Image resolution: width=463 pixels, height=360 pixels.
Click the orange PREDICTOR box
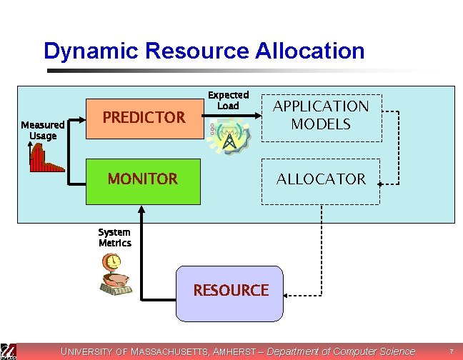pos(144,119)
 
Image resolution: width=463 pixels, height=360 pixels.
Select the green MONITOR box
pos(143,181)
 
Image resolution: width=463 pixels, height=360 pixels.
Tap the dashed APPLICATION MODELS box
pos(322,118)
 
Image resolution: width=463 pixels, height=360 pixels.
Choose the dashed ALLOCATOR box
pos(321,181)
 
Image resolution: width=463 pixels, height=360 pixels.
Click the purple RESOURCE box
pos(229,294)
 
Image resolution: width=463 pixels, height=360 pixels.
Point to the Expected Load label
pos(228,100)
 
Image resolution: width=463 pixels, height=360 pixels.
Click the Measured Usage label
pos(43,130)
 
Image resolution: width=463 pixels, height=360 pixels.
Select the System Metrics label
pos(115,238)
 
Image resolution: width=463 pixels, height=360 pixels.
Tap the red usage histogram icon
pos(46,157)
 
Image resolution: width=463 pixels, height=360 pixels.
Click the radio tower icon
pos(229,136)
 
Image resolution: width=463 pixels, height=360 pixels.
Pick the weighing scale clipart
pos(116,274)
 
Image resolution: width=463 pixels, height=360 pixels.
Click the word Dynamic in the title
pos(91,51)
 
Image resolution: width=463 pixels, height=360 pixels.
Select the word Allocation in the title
pos(310,51)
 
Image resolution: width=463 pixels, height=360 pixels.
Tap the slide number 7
pos(451,351)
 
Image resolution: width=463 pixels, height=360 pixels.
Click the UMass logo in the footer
pos(8,351)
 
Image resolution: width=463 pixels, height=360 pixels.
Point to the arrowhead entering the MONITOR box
pos(141,209)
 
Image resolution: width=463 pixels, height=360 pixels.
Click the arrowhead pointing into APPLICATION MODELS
pos(258,116)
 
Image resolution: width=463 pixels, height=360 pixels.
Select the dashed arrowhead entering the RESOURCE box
pos(286,296)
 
